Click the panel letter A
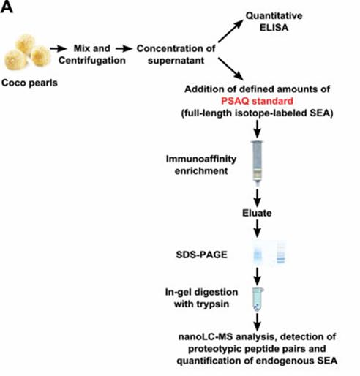click(x=7, y=7)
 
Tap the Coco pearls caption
click(x=29, y=83)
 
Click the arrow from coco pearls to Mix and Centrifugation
click(x=59, y=48)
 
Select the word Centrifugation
click(x=92, y=60)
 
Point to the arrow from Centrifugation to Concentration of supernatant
click(x=124, y=49)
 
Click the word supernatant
click(x=176, y=60)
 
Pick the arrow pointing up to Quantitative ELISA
click(x=230, y=31)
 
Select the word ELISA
click(x=274, y=28)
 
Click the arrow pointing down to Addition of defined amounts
click(x=230, y=69)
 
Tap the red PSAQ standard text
click(x=257, y=101)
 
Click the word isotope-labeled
click(x=271, y=113)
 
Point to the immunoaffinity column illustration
click(x=258, y=163)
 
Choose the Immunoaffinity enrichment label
click(x=201, y=165)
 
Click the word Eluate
click(x=257, y=213)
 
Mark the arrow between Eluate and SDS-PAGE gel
click(x=258, y=228)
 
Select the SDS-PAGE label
click(x=202, y=255)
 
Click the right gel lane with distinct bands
click(x=281, y=252)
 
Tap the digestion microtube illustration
click(x=258, y=299)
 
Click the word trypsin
click(x=213, y=304)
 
